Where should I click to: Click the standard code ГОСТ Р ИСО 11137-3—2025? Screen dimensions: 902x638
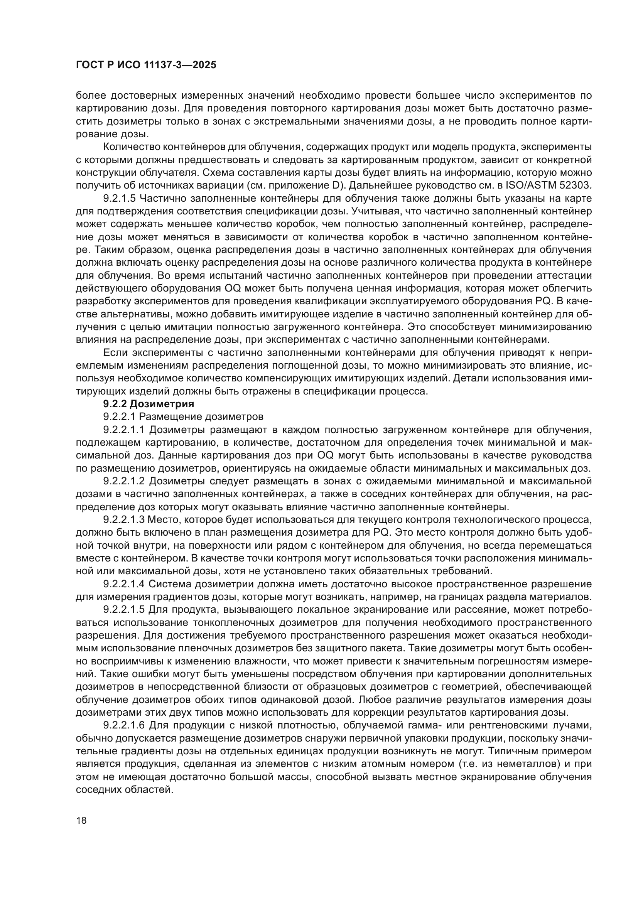(x=146, y=65)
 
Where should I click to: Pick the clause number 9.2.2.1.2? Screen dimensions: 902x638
(x=124, y=481)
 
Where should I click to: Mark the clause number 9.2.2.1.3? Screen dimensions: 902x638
(x=124, y=519)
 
